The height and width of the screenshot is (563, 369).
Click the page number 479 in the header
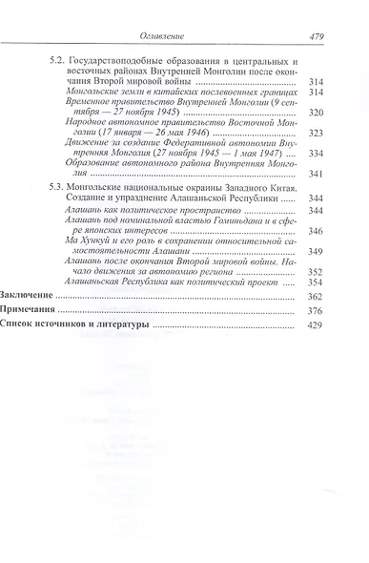(319, 37)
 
